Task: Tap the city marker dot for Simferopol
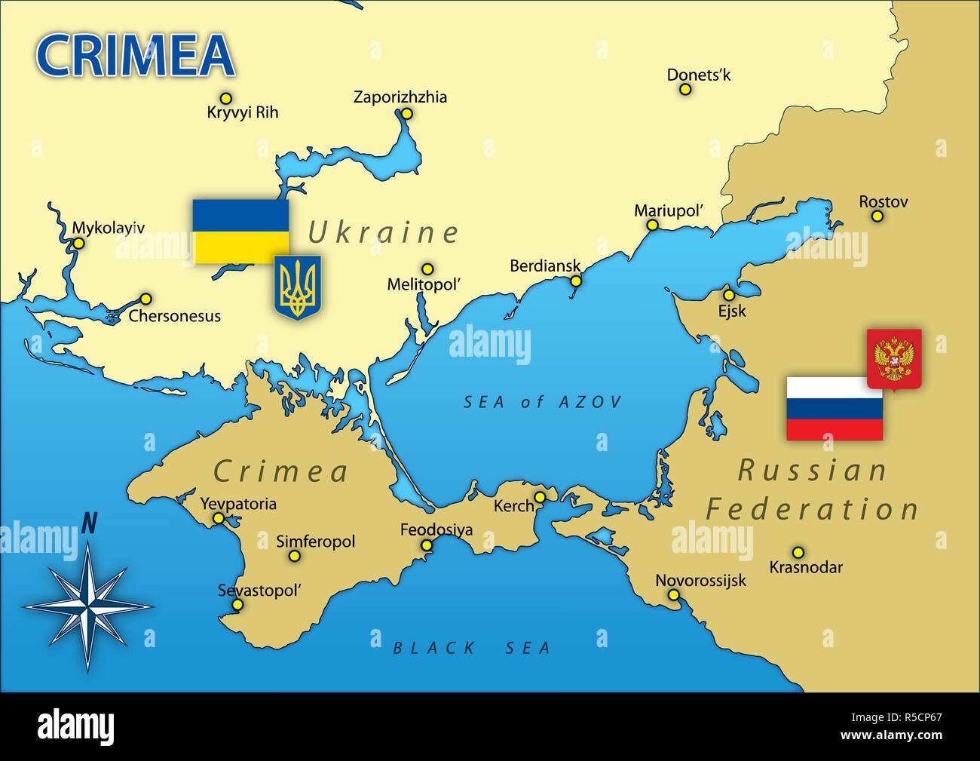294,557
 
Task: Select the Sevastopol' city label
259,591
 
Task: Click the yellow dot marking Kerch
540,497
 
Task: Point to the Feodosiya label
436,529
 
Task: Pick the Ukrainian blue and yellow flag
240,231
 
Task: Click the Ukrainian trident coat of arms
297,287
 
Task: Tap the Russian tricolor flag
835,409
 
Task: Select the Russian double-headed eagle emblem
894,359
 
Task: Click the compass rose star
88,606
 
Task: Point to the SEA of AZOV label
543,402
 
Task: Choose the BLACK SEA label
472,648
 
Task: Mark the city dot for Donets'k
685,89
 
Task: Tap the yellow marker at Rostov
877,216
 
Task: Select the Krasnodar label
806,567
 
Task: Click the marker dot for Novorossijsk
673,595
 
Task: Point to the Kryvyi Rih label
242,112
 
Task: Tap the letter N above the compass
89,523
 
